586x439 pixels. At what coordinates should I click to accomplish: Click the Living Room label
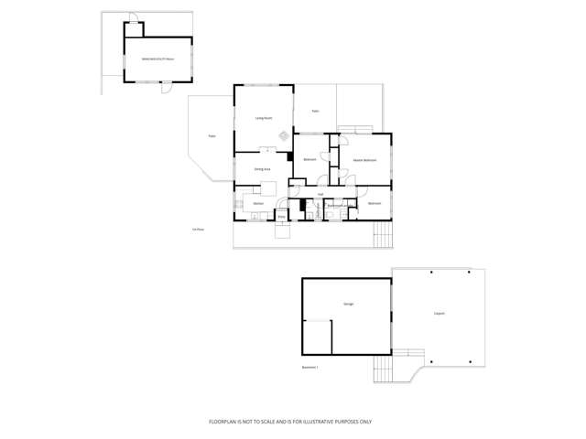point(263,118)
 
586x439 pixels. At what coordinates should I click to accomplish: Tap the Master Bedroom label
point(364,160)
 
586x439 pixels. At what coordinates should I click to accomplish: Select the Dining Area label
point(262,169)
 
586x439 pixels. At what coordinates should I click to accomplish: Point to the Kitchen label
point(259,203)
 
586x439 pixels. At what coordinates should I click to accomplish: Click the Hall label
point(320,194)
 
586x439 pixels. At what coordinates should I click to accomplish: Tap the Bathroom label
point(336,206)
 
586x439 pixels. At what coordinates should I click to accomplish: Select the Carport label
point(439,314)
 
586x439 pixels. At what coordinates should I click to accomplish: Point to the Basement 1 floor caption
point(309,367)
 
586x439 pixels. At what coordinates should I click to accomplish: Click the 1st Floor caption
point(198,229)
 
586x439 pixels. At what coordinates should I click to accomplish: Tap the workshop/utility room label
point(157,59)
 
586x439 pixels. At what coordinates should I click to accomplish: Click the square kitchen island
point(269,188)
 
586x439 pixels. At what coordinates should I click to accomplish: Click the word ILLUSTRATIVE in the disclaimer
point(313,422)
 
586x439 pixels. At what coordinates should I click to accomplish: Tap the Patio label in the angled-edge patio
point(212,136)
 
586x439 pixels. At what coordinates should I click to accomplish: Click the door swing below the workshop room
point(166,89)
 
